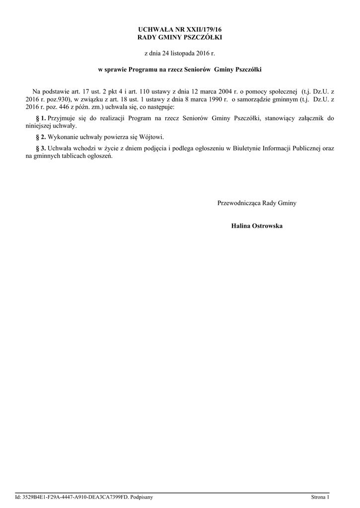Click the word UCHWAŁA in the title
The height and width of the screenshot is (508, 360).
(153, 30)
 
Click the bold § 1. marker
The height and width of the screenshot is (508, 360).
(41, 118)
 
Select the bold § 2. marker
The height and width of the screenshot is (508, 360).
(41, 136)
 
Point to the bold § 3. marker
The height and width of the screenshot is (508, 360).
(41, 148)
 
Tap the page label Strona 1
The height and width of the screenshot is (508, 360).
(320, 497)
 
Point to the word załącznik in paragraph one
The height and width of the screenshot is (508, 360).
(313, 118)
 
